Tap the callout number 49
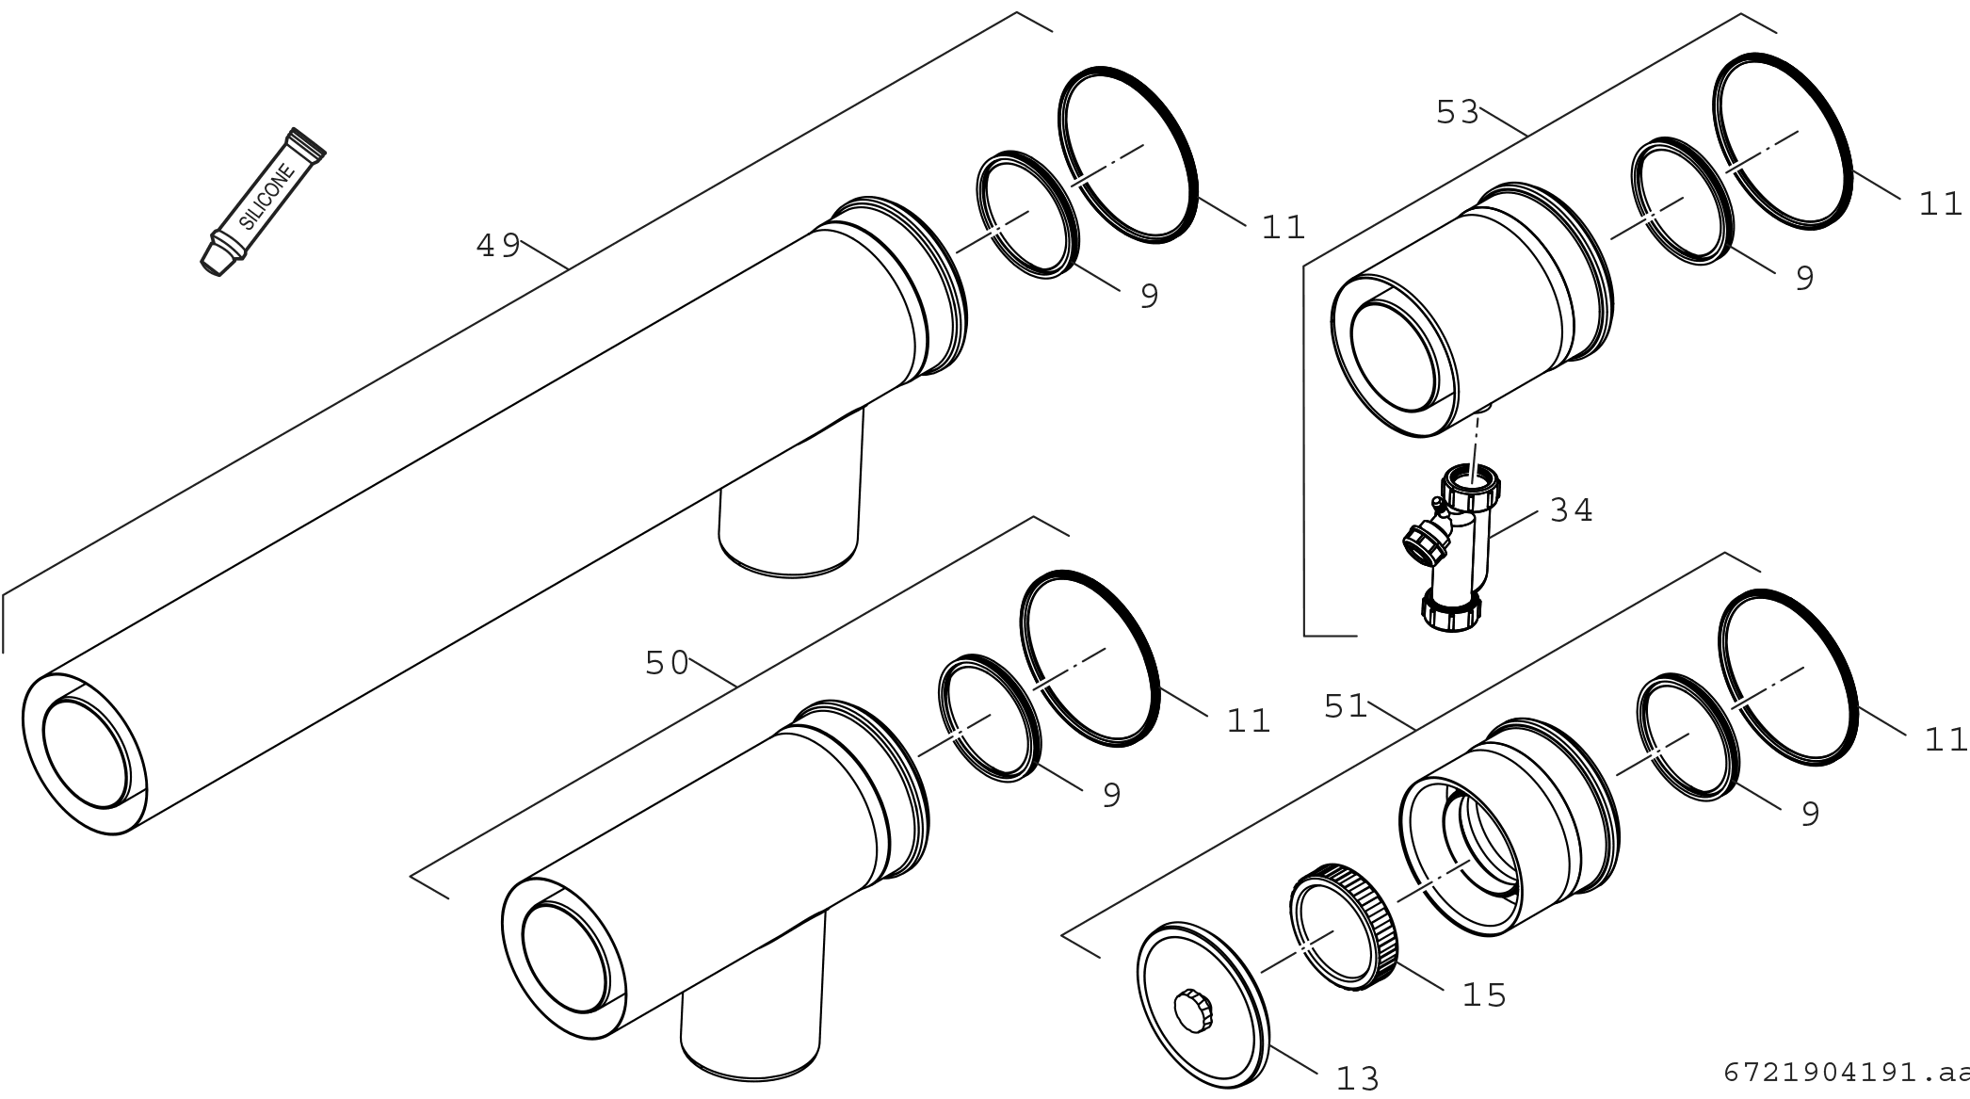[498, 247]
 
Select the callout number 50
[667, 664]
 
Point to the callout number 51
[1346, 706]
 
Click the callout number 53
[1458, 113]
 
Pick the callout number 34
[1571, 511]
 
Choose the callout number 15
[1484, 995]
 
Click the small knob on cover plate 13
[1194, 1010]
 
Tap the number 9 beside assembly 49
[1149, 298]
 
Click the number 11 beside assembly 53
[1940, 204]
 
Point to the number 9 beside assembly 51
[1810, 816]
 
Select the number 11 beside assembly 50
[1249, 721]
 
